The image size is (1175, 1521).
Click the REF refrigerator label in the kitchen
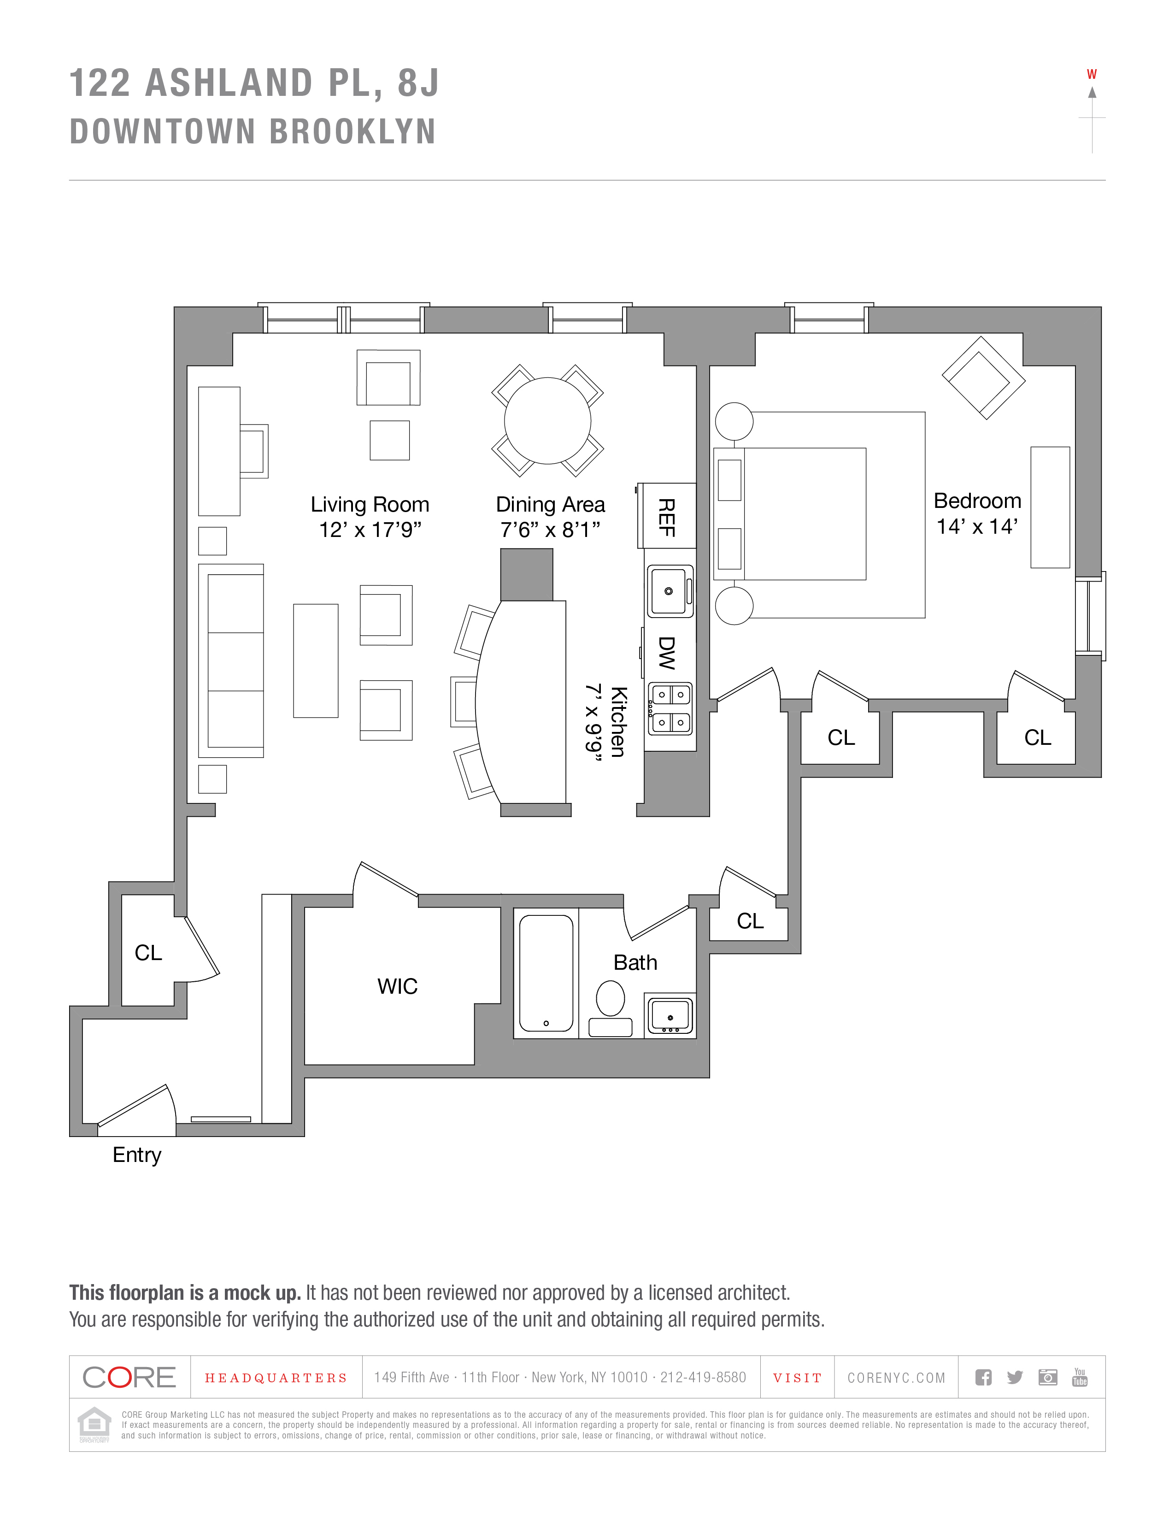(x=667, y=518)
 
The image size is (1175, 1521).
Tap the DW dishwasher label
(x=667, y=653)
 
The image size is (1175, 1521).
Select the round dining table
(x=547, y=421)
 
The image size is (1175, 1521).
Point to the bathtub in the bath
(x=546, y=973)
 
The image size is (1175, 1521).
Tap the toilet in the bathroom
(x=611, y=998)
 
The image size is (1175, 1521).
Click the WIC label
(x=398, y=986)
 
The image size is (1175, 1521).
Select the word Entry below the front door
(x=137, y=1155)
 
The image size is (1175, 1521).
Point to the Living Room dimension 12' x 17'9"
(x=370, y=530)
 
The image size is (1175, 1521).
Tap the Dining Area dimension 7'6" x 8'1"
(x=550, y=530)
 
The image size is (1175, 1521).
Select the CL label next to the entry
(x=148, y=953)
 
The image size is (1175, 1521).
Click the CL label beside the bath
(x=750, y=921)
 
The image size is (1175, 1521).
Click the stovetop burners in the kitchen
(x=670, y=708)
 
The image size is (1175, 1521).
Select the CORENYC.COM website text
(x=896, y=1378)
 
